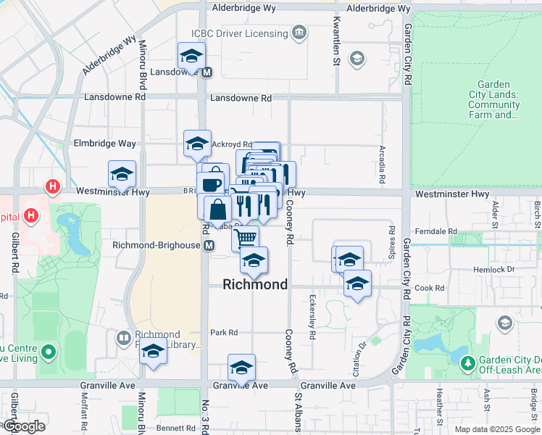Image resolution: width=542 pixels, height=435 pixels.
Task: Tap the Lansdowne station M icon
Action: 207,72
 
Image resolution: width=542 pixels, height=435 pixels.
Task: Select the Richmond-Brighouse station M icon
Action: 209,245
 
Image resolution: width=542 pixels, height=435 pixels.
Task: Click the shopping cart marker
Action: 246,237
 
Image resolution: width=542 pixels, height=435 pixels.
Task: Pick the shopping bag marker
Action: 218,210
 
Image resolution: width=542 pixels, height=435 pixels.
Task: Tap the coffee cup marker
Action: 211,184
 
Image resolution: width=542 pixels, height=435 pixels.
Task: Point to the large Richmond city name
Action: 255,284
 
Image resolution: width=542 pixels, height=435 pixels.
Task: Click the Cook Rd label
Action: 430,288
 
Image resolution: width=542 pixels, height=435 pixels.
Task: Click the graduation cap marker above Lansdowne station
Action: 191,56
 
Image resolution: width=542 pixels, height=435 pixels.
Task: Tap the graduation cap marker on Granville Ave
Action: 241,368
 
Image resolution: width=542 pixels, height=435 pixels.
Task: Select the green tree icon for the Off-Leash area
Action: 468,361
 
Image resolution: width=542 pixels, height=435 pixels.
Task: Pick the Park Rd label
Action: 224,333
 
